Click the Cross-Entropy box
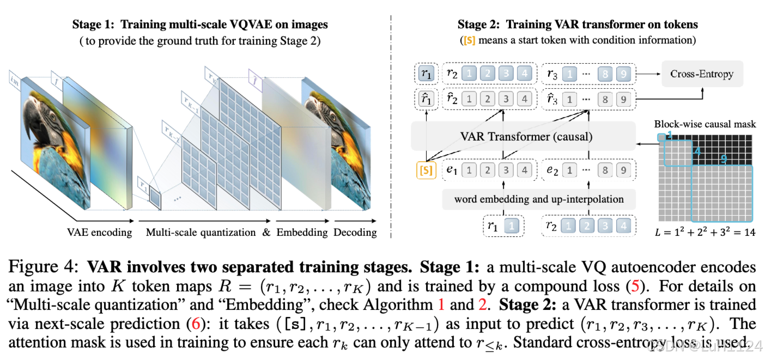702,74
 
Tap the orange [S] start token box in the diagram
426,170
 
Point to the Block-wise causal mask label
705,124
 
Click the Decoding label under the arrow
355,233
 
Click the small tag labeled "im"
15,81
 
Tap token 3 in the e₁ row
506,170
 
